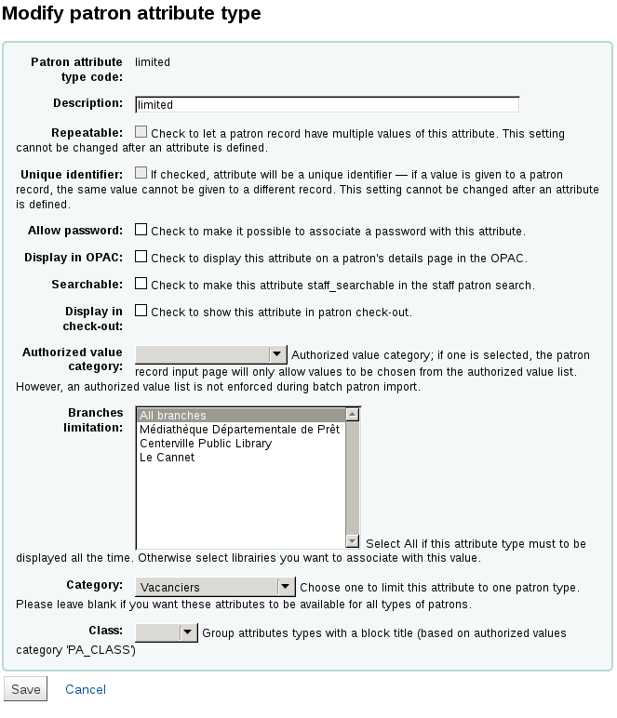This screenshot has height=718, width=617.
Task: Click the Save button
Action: coord(25,689)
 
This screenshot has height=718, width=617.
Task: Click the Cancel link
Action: coord(86,689)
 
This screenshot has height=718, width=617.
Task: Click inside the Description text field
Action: coord(327,105)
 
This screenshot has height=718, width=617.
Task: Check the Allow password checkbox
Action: coord(141,230)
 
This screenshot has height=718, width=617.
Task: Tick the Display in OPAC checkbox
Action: coord(141,257)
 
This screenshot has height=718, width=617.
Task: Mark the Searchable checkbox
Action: coord(141,284)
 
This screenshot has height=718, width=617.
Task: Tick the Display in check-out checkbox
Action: coord(141,311)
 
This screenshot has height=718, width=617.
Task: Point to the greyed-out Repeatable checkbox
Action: coord(141,133)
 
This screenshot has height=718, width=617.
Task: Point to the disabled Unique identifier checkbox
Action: coord(141,173)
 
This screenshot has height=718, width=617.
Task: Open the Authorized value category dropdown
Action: coord(211,354)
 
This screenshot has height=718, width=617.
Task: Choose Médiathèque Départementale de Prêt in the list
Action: coord(240,430)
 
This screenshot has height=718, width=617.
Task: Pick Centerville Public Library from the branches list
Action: coord(206,444)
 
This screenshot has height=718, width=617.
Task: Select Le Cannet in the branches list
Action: coord(168,458)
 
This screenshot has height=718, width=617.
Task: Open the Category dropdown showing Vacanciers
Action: coord(215,587)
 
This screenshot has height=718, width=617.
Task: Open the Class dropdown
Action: coord(168,632)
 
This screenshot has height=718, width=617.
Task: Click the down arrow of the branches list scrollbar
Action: coord(353,541)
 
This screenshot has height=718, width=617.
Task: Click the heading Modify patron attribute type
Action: coord(132,14)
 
